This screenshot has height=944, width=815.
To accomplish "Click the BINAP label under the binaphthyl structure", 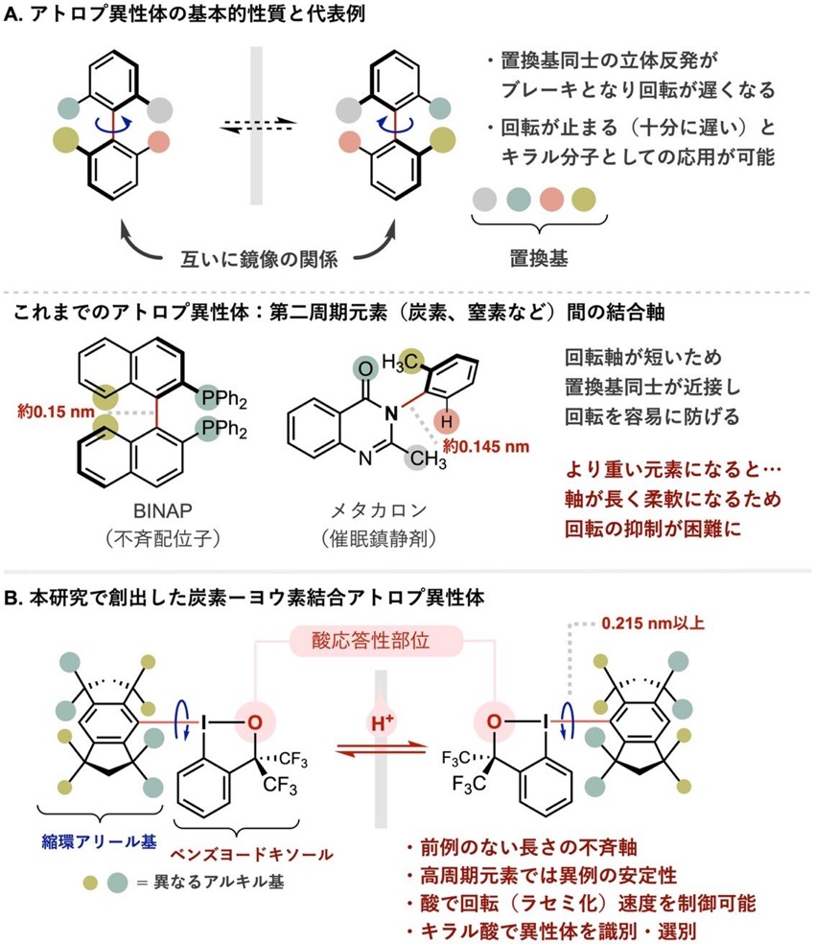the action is click(162, 510).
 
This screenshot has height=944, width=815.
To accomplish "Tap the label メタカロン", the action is click(379, 510).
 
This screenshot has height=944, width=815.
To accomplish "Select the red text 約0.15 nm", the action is click(56, 412).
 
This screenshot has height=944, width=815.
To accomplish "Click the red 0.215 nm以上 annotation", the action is click(653, 624).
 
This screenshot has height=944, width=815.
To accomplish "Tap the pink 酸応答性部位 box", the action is click(376, 641).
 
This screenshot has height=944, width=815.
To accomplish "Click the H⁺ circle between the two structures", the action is click(382, 721).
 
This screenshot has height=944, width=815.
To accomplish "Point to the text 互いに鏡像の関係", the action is click(259, 259).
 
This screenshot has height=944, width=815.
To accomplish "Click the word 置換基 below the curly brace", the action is click(539, 258).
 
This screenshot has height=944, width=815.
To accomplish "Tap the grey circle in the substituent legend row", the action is click(484, 200).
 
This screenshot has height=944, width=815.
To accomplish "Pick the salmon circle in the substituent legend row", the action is click(551, 200).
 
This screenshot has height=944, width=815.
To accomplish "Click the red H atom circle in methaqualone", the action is click(446, 421).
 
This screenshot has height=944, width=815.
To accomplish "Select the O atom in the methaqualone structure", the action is click(364, 368).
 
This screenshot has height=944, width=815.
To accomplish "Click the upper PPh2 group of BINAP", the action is click(221, 398).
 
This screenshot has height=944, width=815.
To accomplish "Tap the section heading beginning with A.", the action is click(184, 13).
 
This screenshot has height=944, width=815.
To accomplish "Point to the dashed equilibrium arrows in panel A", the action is click(258, 126).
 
